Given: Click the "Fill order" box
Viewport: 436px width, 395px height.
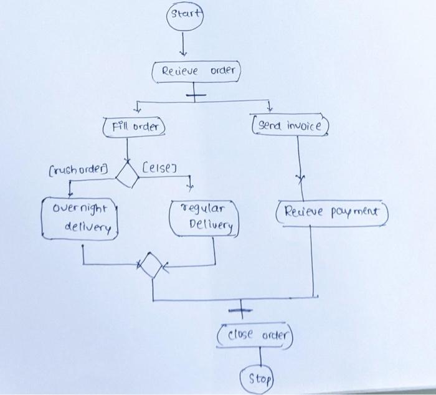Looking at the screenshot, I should click(x=134, y=127).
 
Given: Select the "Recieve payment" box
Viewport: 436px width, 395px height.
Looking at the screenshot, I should click(x=333, y=212).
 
